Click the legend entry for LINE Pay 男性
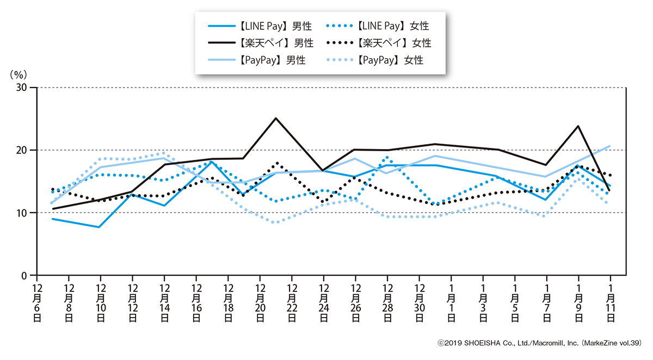coord(261,26)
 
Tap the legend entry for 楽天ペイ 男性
coord(261,42)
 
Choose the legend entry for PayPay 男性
coord(261,60)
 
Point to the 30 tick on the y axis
coord(22,88)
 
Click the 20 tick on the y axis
coord(22,150)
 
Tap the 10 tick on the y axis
coord(22,213)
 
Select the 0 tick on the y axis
coord(26,276)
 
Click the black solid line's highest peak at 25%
coord(276,118)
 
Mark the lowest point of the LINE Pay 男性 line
coord(98,227)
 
